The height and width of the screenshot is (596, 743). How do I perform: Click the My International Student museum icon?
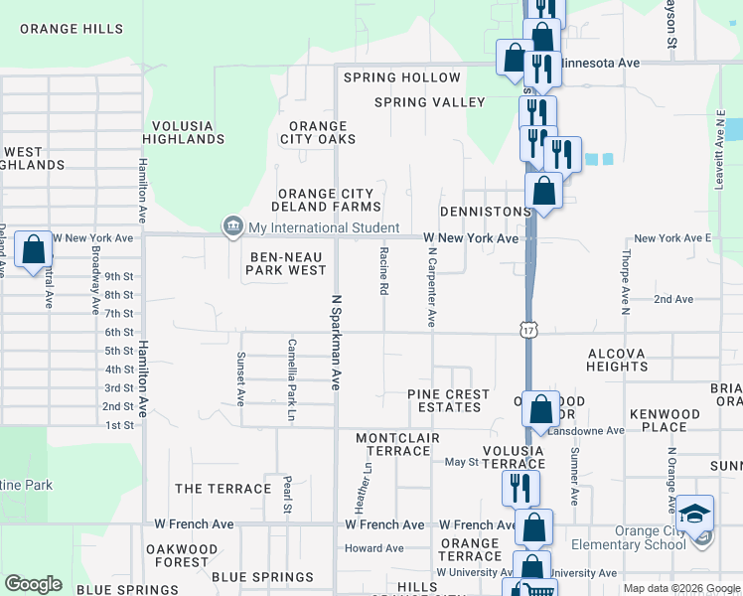tap(232, 227)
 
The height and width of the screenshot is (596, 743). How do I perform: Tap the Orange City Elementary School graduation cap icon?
tap(694, 515)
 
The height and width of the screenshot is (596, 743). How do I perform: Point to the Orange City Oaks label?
tap(318, 133)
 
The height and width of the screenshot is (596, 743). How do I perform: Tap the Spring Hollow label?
tap(402, 77)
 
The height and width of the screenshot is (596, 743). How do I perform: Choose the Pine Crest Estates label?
tap(449, 400)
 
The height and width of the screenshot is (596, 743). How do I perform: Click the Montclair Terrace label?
tap(397, 444)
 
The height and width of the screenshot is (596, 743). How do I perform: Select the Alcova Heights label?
tap(617, 360)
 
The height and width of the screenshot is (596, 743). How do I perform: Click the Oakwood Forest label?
tap(182, 555)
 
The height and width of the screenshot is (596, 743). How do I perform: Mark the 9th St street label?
tap(118, 276)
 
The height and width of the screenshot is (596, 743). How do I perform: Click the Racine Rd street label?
tap(382, 272)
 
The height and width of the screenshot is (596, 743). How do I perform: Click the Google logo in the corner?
tap(33, 584)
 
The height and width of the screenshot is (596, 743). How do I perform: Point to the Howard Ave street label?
tap(374, 548)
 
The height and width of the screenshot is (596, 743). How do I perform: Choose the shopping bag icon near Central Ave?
tap(34, 252)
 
